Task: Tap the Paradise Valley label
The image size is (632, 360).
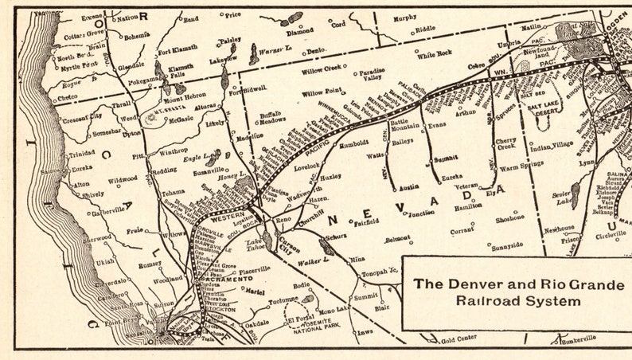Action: click(373, 74)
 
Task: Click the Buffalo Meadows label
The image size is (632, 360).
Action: click(273, 119)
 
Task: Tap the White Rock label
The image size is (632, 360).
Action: click(434, 54)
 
